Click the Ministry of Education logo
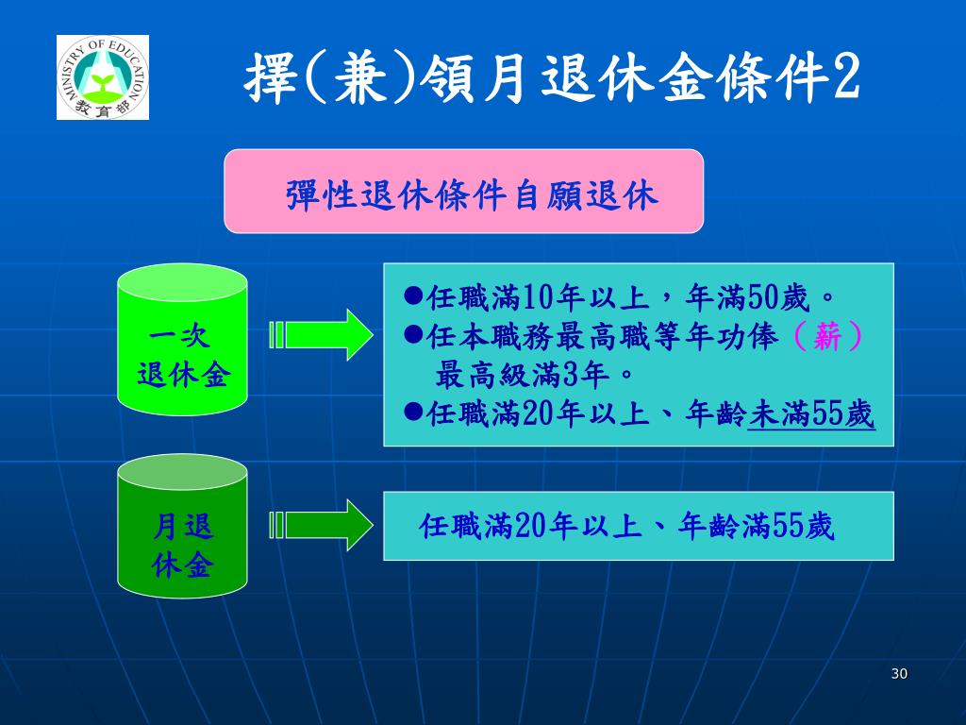point(103,77)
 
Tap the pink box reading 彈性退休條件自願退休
point(463,191)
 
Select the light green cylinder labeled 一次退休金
point(182,339)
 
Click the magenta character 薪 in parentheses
point(827,337)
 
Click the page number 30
point(898,673)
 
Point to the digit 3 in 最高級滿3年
point(568,376)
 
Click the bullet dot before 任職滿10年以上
point(412,297)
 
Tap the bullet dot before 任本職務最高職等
point(412,335)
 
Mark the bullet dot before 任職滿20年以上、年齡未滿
point(412,412)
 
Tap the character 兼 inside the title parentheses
point(364,79)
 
